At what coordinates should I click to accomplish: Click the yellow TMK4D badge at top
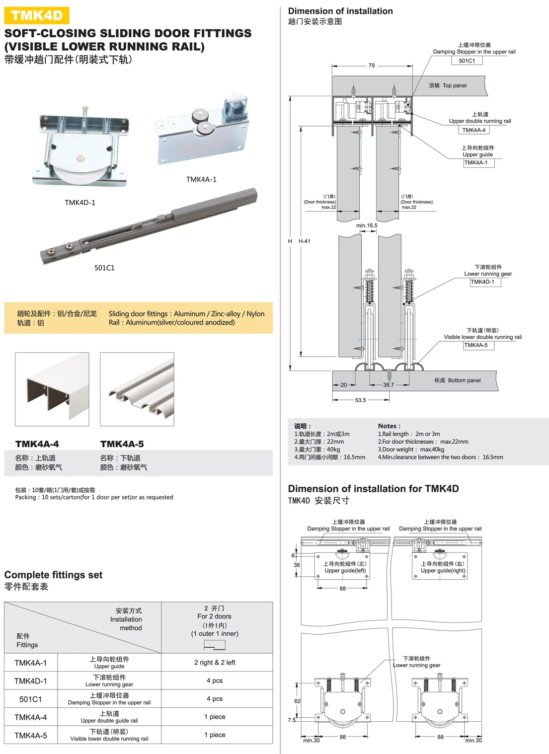(x=37, y=15)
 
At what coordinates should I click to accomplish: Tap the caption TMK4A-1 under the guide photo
(x=201, y=179)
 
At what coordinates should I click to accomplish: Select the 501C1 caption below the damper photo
(x=104, y=268)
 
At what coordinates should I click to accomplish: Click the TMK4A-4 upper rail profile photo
(x=52, y=389)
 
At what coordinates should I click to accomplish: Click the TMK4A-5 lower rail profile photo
(x=137, y=389)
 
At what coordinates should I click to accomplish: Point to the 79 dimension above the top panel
(x=372, y=66)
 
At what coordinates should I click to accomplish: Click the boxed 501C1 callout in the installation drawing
(x=467, y=61)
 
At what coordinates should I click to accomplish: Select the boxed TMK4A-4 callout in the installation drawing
(x=473, y=130)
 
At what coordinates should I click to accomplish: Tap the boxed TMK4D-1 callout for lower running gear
(x=482, y=282)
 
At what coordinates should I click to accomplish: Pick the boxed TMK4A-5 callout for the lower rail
(x=476, y=345)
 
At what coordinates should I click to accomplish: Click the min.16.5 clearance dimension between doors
(x=367, y=226)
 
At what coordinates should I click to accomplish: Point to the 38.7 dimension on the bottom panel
(x=389, y=385)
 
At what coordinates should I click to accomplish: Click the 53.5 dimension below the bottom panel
(x=360, y=400)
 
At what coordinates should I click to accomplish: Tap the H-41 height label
(x=305, y=241)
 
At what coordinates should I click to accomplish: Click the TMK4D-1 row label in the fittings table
(x=31, y=681)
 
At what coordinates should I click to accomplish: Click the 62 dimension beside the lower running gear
(x=297, y=701)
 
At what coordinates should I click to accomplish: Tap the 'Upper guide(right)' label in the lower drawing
(x=443, y=571)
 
